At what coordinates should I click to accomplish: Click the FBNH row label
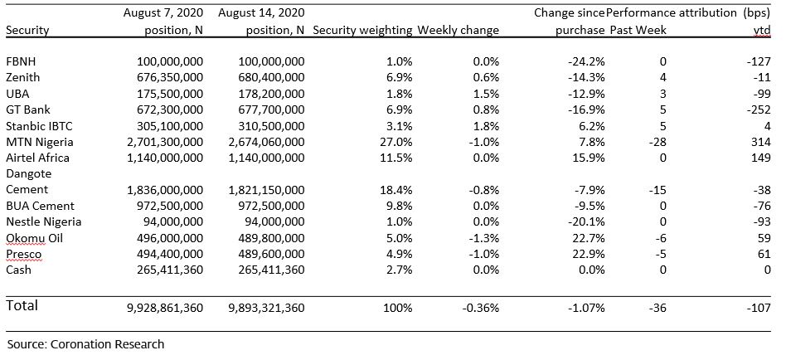pos(21,61)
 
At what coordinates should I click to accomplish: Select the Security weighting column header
pos(362,30)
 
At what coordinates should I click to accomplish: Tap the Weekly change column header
pos(458,30)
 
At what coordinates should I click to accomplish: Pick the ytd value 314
pos(760,142)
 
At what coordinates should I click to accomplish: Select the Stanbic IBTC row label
pos(39,126)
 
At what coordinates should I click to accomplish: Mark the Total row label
pos(22,305)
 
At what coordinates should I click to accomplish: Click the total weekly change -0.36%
pos(480,308)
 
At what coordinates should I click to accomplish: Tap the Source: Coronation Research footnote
pos(85,344)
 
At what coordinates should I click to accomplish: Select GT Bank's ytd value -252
pos(759,109)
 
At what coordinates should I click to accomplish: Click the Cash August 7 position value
pos(170,270)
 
